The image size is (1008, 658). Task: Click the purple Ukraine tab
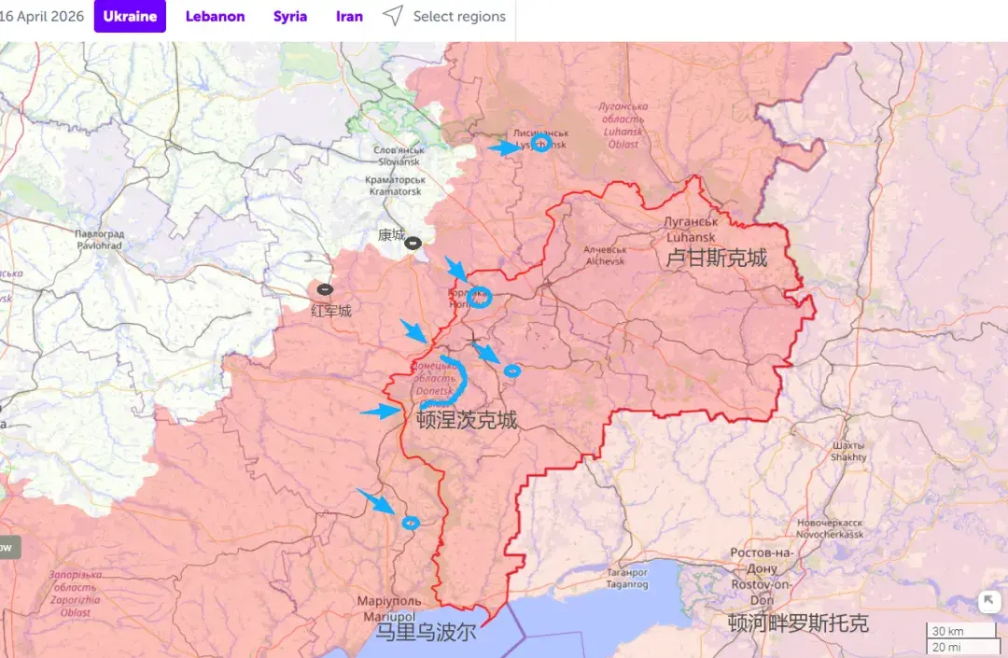tap(130, 17)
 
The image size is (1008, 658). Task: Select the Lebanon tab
tap(215, 17)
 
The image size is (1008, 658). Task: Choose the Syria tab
tap(290, 17)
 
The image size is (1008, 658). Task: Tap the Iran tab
tap(349, 17)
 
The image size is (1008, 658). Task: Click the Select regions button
tap(445, 17)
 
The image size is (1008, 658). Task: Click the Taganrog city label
tap(627, 579)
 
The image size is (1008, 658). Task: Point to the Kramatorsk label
tap(396, 186)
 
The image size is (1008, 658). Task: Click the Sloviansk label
tap(399, 156)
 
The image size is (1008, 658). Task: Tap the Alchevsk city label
tap(605, 256)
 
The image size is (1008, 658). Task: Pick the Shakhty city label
tap(848, 452)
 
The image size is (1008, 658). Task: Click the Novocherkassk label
tap(830, 529)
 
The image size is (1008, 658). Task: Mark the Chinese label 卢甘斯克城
tap(717, 259)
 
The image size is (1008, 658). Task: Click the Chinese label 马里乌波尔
tap(426, 633)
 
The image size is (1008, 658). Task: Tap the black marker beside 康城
tap(413, 243)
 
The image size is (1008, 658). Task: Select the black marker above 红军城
tap(325, 290)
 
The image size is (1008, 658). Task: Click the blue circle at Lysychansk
tap(540, 143)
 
